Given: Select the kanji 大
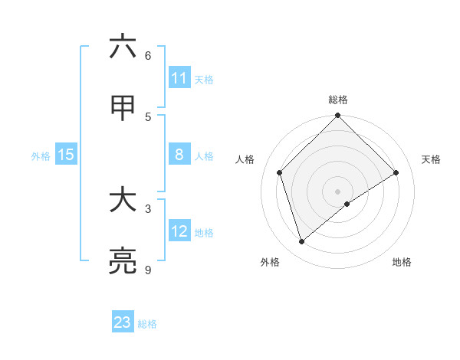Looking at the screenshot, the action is pyautogui.click(x=123, y=200).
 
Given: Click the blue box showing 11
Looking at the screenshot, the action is pyautogui.click(x=179, y=78).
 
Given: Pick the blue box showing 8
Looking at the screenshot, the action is pyautogui.click(x=179, y=155).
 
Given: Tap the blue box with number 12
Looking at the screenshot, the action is pyautogui.click(x=179, y=231).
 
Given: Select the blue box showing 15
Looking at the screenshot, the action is pyautogui.click(x=66, y=155).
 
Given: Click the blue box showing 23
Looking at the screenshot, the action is pyautogui.click(x=123, y=322).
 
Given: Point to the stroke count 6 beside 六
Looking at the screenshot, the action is pyautogui.click(x=148, y=55).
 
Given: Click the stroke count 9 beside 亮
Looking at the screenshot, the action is pyautogui.click(x=148, y=270).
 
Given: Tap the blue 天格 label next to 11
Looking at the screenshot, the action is pyautogui.click(x=204, y=79).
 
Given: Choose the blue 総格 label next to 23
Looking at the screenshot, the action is pyautogui.click(x=147, y=323).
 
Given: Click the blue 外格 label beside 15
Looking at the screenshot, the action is pyautogui.click(x=41, y=155).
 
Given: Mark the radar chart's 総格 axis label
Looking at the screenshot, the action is pyautogui.click(x=338, y=100).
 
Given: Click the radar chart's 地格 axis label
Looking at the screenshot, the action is pyautogui.click(x=402, y=262).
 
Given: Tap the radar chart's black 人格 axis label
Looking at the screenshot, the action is pyautogui.click(x=245, y=159).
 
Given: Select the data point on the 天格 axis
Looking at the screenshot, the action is pyautogui.click(x=396, y=172).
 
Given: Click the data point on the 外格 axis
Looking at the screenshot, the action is pyautogui.click(x=302, y=242).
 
